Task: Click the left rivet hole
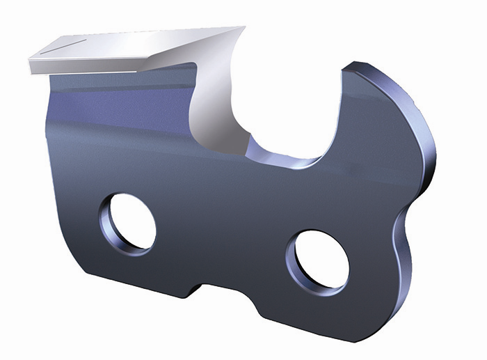coord(128,221)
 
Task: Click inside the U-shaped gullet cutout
coord(292,111)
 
